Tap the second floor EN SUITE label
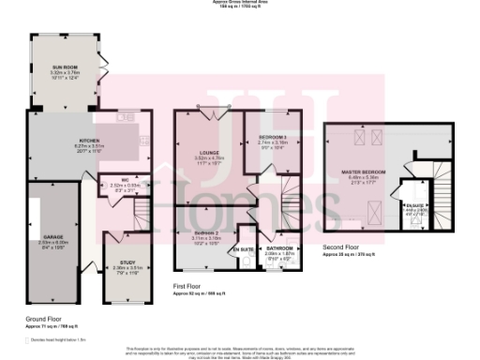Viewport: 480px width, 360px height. click(413, 202)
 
